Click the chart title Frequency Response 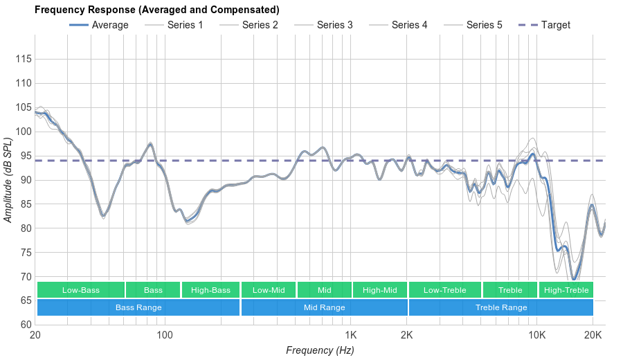[156, 10]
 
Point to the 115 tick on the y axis [23, 60]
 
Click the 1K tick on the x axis [350, 336]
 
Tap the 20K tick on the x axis [593, 336]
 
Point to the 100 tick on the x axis [165, 336]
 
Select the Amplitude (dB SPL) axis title [8, 181]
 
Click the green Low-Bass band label [81, 290]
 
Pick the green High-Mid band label [380, 290]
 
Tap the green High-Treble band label [566, 290]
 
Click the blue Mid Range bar [324, 307]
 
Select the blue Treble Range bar [501, 307]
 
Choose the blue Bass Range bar [138, 307]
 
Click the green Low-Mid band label [269, 290]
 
